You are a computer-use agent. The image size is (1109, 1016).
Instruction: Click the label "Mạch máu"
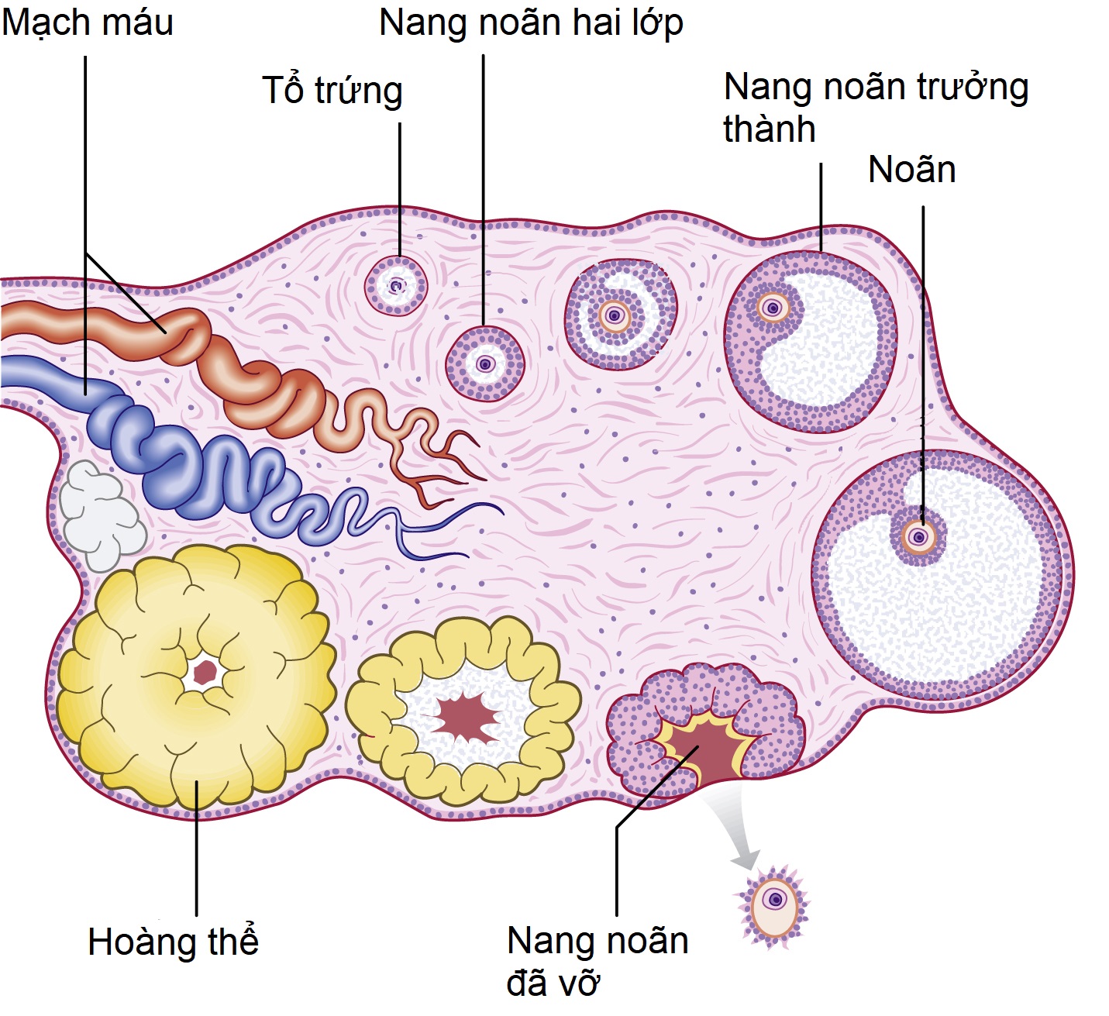tap(87, 23)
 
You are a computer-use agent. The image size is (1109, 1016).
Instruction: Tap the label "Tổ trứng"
tap(332, 91)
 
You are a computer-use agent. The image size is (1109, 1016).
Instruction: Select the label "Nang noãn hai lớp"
tap(531, 23)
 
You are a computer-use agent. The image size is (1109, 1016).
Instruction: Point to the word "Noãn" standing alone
tap(911, 170)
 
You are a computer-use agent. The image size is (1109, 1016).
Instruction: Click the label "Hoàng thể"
tap(173, 942)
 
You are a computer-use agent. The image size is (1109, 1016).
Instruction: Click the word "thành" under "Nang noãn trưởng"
tap(769, 129)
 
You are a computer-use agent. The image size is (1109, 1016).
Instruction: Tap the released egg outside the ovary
tap(773, 904)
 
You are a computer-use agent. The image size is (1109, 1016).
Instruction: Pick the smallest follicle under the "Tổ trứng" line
tap(396, 287)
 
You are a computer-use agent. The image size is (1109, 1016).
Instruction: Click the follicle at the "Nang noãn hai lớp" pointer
tap(485, 363)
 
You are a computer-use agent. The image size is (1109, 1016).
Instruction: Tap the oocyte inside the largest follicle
tap(920, 536)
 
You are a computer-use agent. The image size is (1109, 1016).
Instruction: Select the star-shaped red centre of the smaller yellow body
tap(466, 717)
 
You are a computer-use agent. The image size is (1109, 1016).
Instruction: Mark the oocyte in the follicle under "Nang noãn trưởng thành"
tap(772, 308)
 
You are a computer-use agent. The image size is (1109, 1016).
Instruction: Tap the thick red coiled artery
tap(232, 364)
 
